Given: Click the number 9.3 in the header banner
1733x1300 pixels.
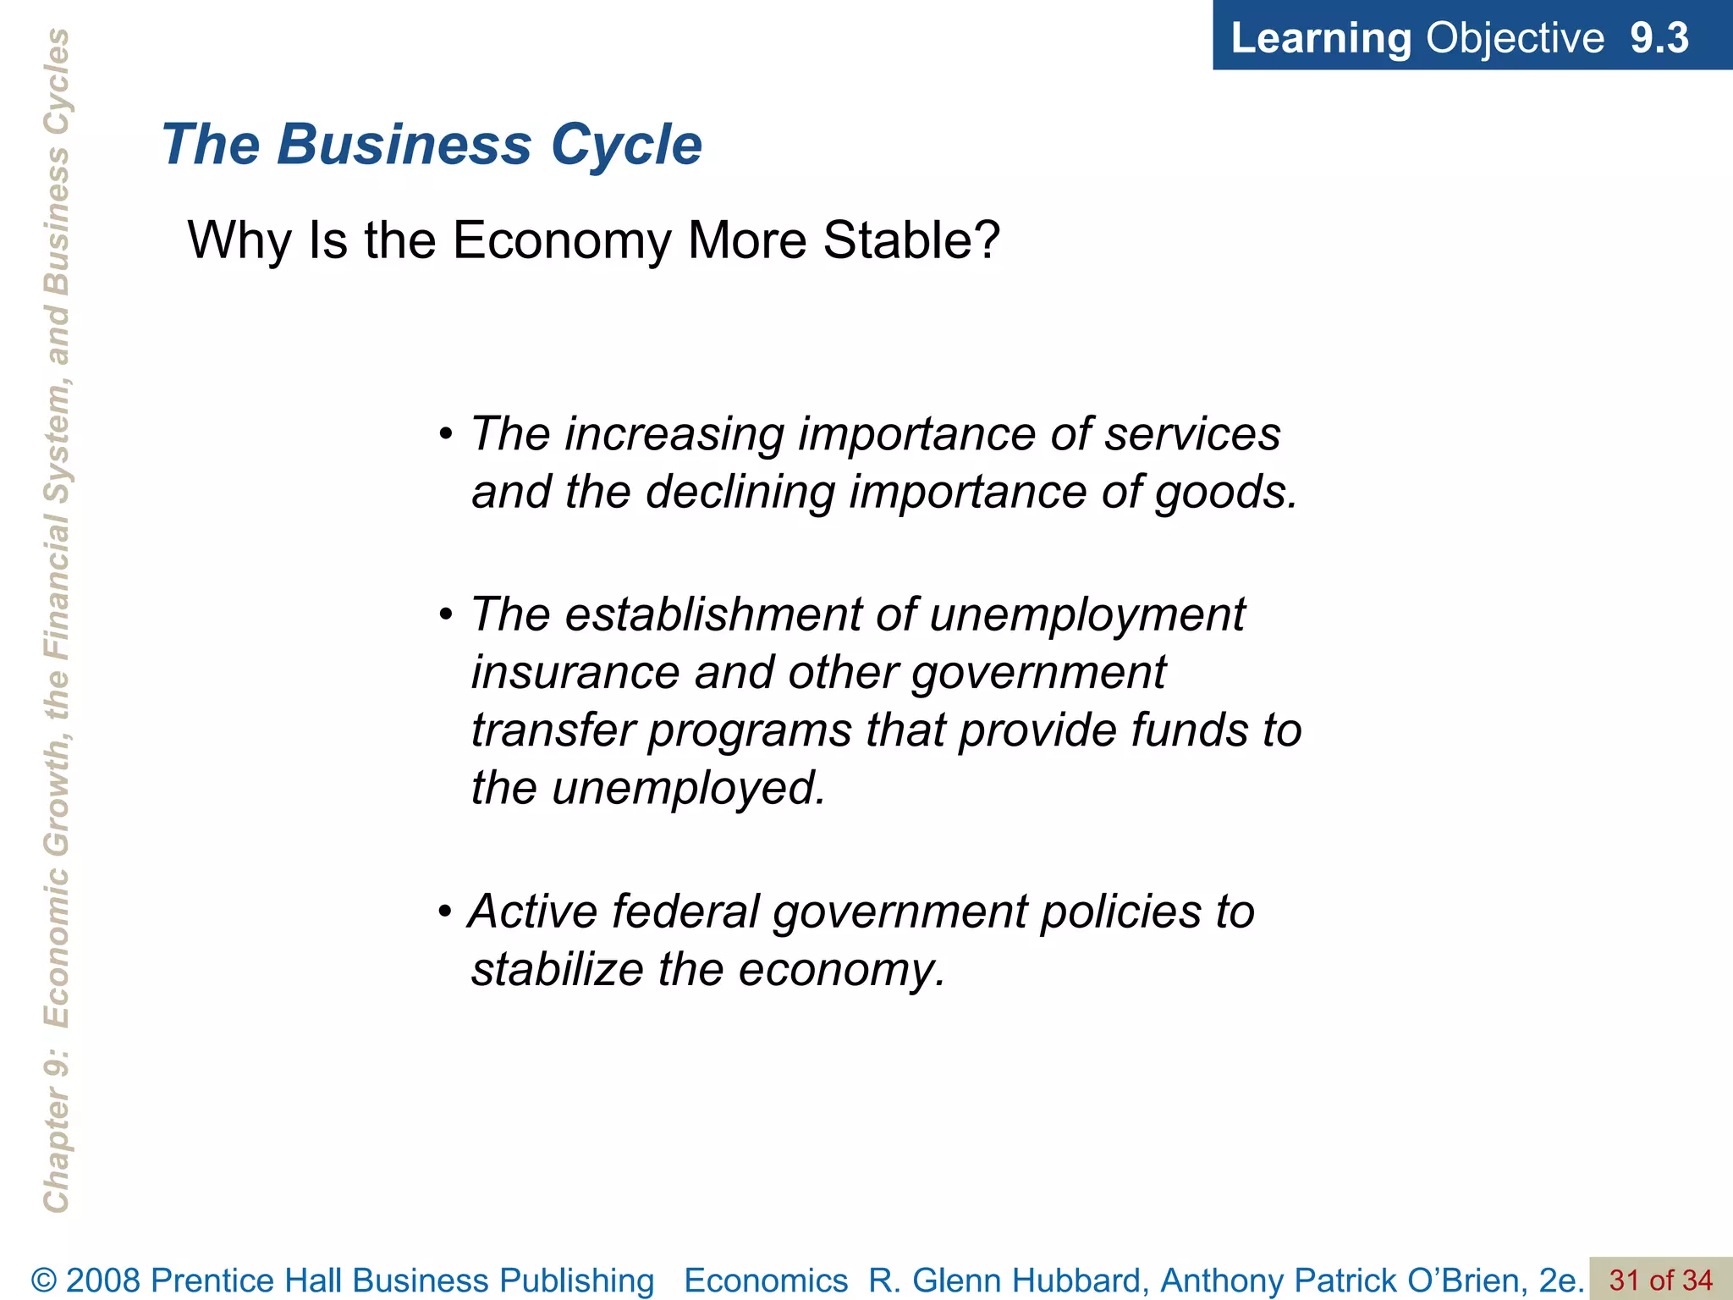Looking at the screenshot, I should (x=1659, y=38).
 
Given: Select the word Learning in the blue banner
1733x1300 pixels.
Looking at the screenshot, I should (x=1320, y=38).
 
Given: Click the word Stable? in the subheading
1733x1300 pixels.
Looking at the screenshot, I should (x=911, y=240).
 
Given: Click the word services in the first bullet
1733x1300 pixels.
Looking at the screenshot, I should (x=1192, y=434).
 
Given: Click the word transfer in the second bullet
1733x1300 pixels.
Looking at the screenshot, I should (x=553, y=730).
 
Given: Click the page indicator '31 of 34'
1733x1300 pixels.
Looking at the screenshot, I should (x=1660, y=1281).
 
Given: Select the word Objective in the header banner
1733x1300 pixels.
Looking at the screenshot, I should (x=1515, y=38).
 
